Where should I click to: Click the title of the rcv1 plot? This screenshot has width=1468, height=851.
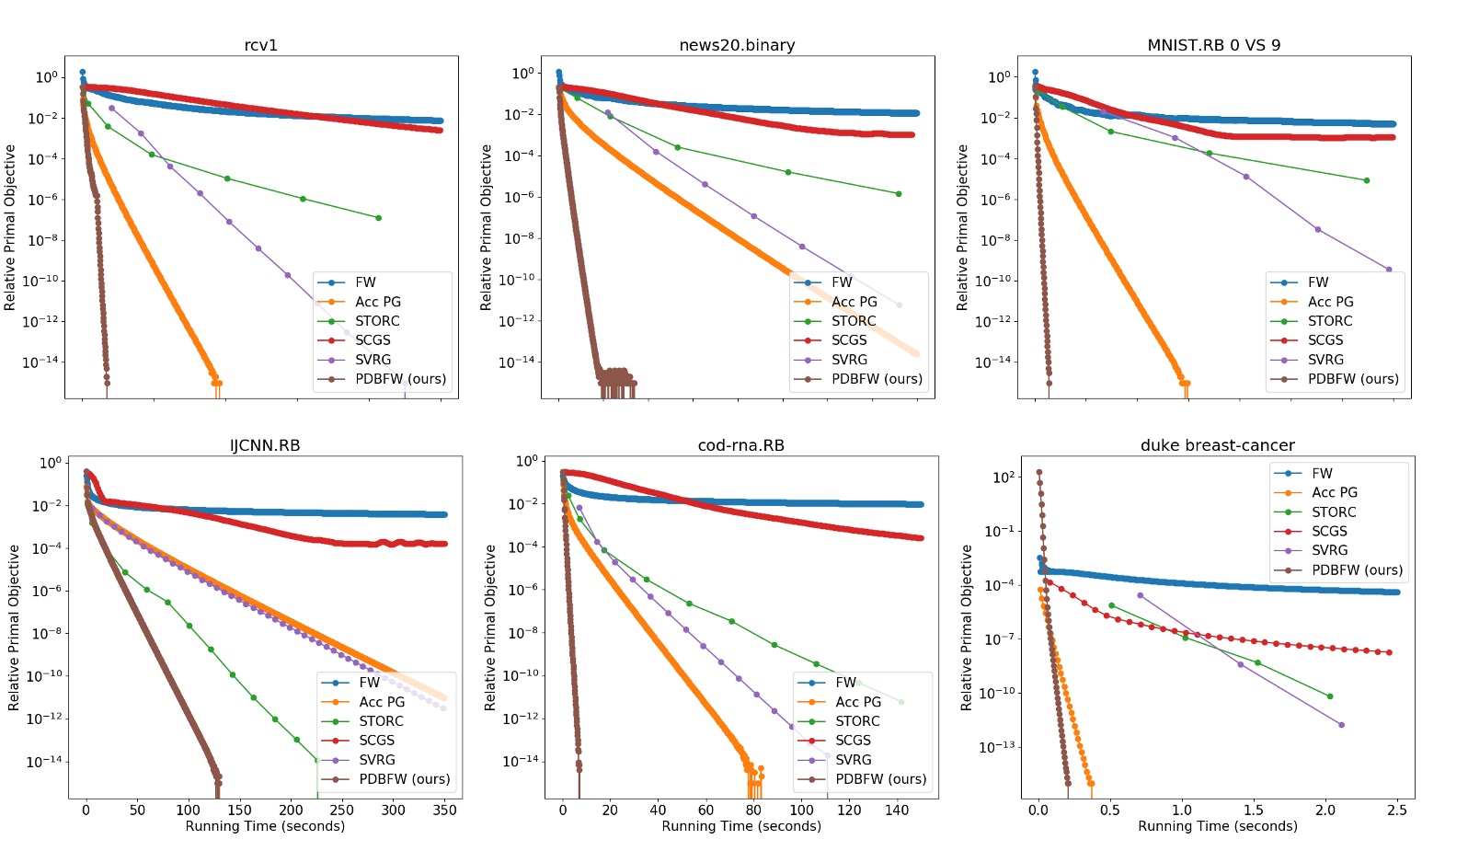[260, 45]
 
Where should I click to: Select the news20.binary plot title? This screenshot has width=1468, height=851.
[737, 45]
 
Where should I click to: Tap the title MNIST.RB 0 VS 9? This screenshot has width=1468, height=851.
[1213, 45]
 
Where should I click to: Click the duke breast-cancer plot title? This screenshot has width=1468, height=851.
[1217, 445]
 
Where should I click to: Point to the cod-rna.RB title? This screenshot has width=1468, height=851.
[740, 445]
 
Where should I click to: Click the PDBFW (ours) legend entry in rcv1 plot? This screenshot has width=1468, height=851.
[400, 379]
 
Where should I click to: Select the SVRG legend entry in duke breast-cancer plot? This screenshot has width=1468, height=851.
[1329, 550]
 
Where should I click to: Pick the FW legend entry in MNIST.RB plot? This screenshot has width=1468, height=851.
[1318, 282]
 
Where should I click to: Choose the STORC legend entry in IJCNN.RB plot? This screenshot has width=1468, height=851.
[381, 721]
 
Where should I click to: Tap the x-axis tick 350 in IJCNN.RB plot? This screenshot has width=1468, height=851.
[444, 811]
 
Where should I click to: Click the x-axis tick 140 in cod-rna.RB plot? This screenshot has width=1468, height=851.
[897, 811]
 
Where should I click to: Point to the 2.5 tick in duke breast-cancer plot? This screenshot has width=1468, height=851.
[1396, 811]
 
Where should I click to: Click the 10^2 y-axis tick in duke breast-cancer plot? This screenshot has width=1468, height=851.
[1004, 477]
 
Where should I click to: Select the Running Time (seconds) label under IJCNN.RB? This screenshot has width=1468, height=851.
[265, 826]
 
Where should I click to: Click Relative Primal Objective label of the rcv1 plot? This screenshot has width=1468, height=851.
[10, 227]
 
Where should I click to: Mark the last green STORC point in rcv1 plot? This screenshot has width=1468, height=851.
[378, 218]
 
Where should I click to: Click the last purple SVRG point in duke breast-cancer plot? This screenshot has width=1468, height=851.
[1341, 725]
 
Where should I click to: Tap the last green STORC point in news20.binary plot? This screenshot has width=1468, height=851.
[899, 194]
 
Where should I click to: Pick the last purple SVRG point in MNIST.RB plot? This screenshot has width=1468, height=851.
[1388, 270]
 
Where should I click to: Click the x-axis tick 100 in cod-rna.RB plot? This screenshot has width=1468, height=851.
[801, 811]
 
